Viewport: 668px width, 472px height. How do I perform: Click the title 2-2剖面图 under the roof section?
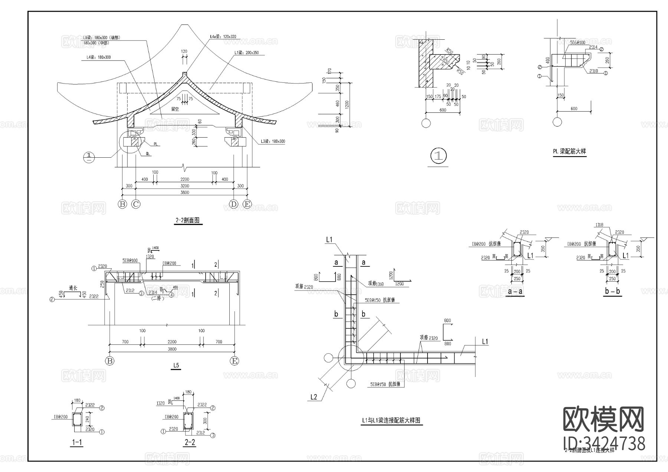pyautogui.click(x=187, y=220)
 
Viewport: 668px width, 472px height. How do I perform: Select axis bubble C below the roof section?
pyautogui.click(x=136, y=204)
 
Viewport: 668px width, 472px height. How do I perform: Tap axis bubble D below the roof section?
pyautogui.click(x=233, y=204)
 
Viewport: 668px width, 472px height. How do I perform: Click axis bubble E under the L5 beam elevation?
pyautogui.click(x=234, y=361)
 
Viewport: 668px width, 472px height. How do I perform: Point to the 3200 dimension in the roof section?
pyautogui.click(x=184, y=186)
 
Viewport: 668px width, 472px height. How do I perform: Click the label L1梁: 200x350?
pyautogui.click(x=246, y=53)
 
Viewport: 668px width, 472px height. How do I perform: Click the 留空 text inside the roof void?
pyautogui.click(x=175, y=109)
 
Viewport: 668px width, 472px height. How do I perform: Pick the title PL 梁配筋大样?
pyautogui.click(x=569, y=151)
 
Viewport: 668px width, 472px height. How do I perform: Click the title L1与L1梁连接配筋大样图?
pyautogui.click(x=391, y=420)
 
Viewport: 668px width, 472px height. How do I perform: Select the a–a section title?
pyautogui.click(x=515, y=292)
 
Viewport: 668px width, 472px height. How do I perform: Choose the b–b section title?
pyautogui.click(x=612, y=292)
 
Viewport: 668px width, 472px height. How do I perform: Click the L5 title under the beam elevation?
pyautogui.click(x=176, y=366)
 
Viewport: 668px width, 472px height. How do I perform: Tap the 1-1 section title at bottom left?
pyautogui.click(x=76, y=443)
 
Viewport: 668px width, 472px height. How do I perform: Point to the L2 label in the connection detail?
pyautogui.click(x=314, y=397)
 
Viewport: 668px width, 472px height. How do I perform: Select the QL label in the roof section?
pyautogui.click(x=148, y=153)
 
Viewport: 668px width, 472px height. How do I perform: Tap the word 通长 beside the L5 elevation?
pyautogui.click(x=73, y=288)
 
